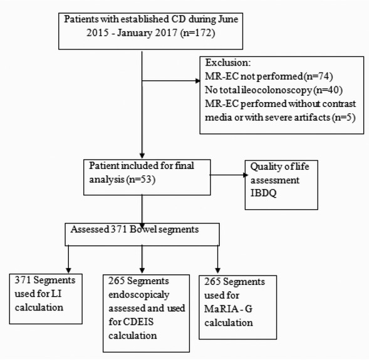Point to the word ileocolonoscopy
click(x=262, y=91)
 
